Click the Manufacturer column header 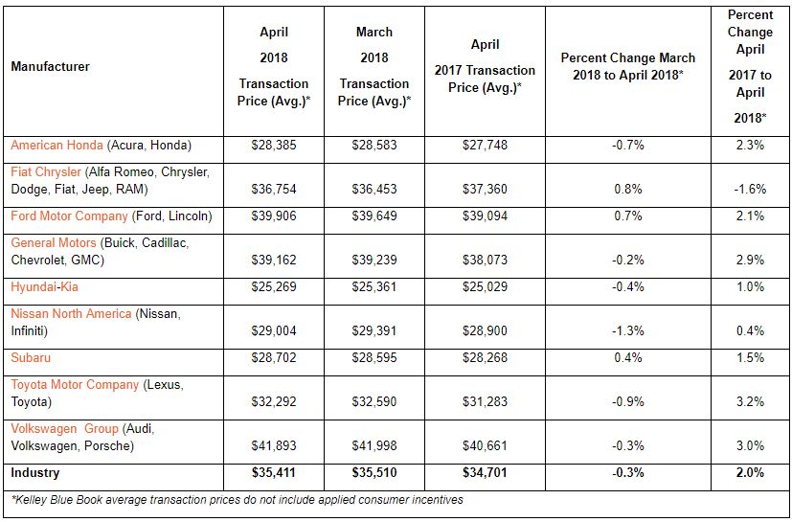[50, 67]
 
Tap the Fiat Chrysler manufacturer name [46, 171]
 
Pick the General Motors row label [54, 243]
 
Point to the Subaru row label [31, 357]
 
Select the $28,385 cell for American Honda [272, 146]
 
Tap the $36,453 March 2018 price [374, 190]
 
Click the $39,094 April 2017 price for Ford [485, 216]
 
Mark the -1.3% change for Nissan [627, 330]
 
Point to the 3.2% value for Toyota [751, 401]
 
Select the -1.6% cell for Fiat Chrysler [751, 190]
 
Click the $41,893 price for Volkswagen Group [272, 445]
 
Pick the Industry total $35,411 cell [272, 472]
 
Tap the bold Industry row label [35, 472]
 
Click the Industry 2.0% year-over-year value [751, 472]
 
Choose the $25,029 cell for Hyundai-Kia [485, 286]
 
